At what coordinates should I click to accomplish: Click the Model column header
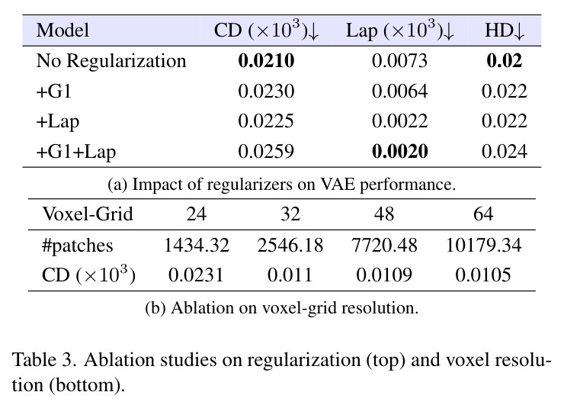62,31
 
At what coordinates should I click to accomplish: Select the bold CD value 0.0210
266,60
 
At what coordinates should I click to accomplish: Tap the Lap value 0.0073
399,60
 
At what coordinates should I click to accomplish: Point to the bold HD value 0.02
505,60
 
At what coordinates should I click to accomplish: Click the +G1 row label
54,91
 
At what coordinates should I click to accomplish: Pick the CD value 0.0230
266,91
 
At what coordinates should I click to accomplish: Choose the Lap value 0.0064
399,91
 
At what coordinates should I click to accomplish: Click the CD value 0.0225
266,121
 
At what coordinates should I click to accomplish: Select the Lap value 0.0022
399,121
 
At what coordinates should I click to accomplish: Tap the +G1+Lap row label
76,152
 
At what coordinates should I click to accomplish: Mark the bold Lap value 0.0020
399,152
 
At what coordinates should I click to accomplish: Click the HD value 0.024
505,152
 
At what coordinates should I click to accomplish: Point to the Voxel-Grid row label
88,214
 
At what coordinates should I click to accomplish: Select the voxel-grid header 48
384,214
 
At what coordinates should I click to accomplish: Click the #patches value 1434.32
197,246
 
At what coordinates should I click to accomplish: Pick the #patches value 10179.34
483,246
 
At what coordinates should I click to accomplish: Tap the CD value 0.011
290,275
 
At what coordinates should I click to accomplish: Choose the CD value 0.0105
483,275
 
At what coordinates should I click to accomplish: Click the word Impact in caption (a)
158,185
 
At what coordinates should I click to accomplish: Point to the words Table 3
44,360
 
